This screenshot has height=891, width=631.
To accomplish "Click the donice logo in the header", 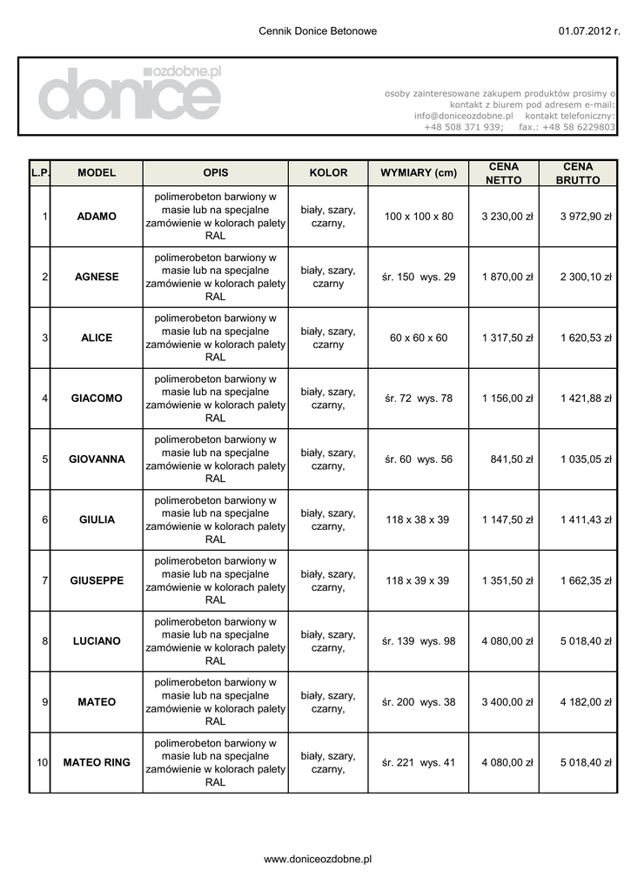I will coord(129,95).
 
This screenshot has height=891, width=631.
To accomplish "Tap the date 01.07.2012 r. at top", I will coord(588,31).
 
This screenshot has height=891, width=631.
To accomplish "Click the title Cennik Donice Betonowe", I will coord(318,31).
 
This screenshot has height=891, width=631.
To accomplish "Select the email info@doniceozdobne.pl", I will coord(463,116).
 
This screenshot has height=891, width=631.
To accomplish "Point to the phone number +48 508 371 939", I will coord(463,127).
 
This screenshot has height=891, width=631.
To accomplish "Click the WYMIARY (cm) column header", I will coord(418,173).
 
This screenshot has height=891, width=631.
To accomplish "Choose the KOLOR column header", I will coord(328,173).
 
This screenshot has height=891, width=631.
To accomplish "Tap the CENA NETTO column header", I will coord(503,173).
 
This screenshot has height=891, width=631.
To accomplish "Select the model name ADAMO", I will coord(97,217).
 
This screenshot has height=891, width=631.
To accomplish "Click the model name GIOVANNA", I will coord(97,459).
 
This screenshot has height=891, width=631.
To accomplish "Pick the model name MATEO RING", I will coord(97,763).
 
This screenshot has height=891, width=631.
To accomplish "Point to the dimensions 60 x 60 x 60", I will coord(418,338).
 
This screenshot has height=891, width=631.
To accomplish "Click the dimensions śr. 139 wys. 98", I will coord(418,641).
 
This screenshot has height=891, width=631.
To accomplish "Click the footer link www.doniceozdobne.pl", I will coord(318,859).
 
